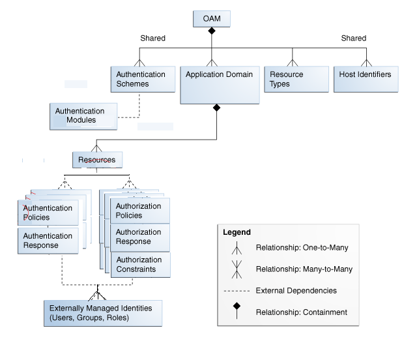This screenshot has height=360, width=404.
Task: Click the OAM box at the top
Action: point(212,19)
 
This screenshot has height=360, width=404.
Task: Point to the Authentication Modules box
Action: point(83,116)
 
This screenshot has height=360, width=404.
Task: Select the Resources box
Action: point(96,160)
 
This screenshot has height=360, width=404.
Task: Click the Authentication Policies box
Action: point(48,213)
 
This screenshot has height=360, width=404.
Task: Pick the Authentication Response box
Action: point(48,241)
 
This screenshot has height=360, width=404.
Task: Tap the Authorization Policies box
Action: point(139,211)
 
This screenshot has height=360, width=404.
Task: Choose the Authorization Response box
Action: point(139,237)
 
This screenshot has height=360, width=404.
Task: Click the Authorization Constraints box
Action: point(139,264)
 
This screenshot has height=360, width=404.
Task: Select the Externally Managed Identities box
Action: point(102,313)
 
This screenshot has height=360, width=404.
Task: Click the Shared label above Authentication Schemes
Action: point(152,38)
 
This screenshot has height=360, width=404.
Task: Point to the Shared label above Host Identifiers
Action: point(354,38)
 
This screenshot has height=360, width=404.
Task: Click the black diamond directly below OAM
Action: point(212,31)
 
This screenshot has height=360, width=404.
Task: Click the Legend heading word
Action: point(237,232)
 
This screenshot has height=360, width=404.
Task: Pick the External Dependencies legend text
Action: point(296,290)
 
